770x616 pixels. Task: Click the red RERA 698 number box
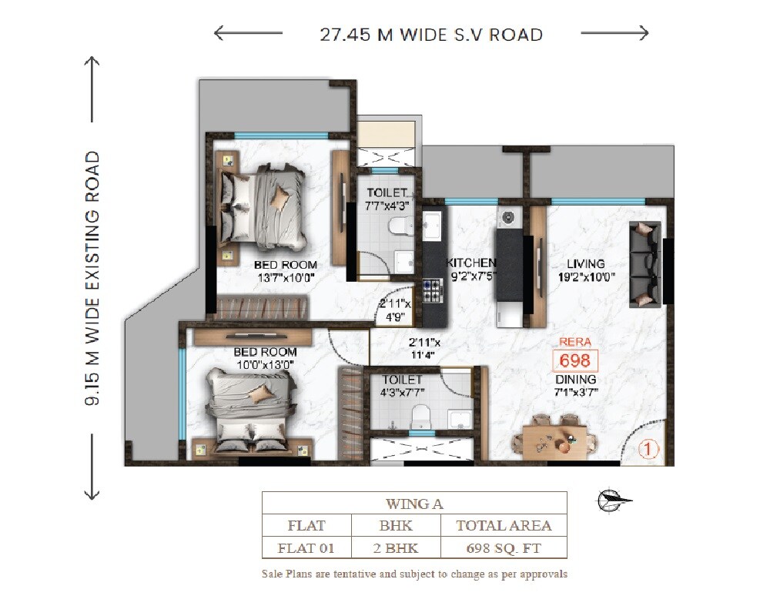tap(575, 360)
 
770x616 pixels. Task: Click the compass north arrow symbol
tap(613, 501)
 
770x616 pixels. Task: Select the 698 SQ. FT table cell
tap(504, 549)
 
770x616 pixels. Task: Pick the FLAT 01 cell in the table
tap(306, 549)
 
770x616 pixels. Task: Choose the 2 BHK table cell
tap(396, 549)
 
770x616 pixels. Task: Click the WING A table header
tap(414, 504)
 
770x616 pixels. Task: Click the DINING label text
tap(575, 380)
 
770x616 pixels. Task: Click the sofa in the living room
tap(644, 264)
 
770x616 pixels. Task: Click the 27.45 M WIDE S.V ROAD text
tap(431, 35)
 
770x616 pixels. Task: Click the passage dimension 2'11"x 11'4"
tap(424, 349)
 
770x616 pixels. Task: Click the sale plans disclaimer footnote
tap(414, 574)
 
